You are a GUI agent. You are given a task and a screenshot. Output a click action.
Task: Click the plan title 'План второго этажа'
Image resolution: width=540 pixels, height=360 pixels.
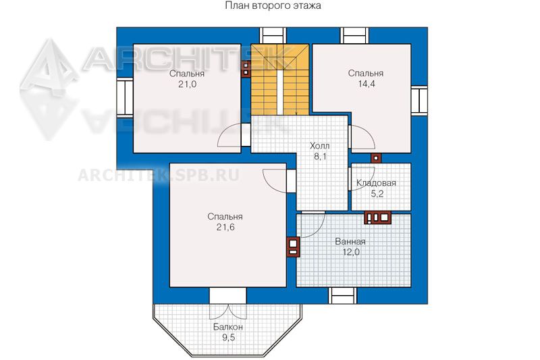[x=273, y=5]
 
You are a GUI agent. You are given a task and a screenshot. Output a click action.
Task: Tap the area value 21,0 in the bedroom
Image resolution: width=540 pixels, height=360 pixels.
[x=188, y=84]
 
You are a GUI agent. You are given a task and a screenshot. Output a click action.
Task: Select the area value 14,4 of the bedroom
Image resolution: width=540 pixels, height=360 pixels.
[x=366, y=84]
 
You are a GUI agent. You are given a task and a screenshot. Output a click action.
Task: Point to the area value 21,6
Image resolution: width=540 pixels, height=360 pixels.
[x=225, y=227]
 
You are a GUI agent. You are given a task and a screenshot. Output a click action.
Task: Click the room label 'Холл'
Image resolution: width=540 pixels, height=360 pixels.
[x=319, y=146]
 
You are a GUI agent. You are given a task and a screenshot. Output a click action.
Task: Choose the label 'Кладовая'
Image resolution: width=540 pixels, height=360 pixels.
[x=376, y=182]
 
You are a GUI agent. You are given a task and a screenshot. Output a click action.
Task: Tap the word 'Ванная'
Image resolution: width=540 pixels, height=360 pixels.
[x=350, y=242]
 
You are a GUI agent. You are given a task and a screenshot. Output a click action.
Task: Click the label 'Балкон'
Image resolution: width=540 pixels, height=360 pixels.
[x=228, y=327]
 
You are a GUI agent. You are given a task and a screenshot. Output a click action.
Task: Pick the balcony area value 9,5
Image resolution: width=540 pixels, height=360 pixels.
[x=228, y=337]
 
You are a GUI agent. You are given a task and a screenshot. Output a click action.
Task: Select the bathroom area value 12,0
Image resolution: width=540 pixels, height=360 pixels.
[x=351, y=252]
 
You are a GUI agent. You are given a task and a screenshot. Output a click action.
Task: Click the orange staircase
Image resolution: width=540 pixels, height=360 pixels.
[x=279, y=80]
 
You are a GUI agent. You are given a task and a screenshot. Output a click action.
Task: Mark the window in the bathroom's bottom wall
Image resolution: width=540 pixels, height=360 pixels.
[x=342, y=296]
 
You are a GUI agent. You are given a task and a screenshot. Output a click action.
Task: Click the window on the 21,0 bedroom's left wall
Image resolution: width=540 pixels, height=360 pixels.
[x=125, y=96]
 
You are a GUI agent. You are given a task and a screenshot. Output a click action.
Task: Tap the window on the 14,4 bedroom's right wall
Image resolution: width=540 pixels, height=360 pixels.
[x=419, y=100]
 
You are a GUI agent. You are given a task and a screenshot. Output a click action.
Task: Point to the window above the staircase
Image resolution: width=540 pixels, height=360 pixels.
[x=273, y=36]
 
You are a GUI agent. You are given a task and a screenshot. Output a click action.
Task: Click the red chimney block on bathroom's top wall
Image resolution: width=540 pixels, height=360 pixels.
[x=377, y=217]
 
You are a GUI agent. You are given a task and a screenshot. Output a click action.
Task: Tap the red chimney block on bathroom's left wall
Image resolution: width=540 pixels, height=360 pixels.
[x=293, y=247]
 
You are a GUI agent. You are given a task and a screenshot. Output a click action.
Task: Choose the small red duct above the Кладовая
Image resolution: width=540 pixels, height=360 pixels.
[x=376, y=158]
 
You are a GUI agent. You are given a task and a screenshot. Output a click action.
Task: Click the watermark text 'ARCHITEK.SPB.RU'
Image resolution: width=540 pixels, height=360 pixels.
[x=159, y=176]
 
